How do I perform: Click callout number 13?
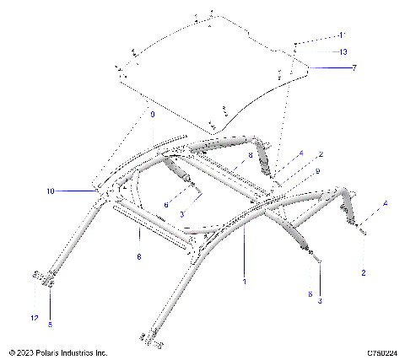click(x=343, y=52)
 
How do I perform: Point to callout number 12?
click(x=35, y=318)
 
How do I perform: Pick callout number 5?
click(x=50, y=324)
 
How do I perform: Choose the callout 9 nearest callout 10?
click(x=152, y=113)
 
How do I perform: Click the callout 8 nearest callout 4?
click(x=251, y=156)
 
